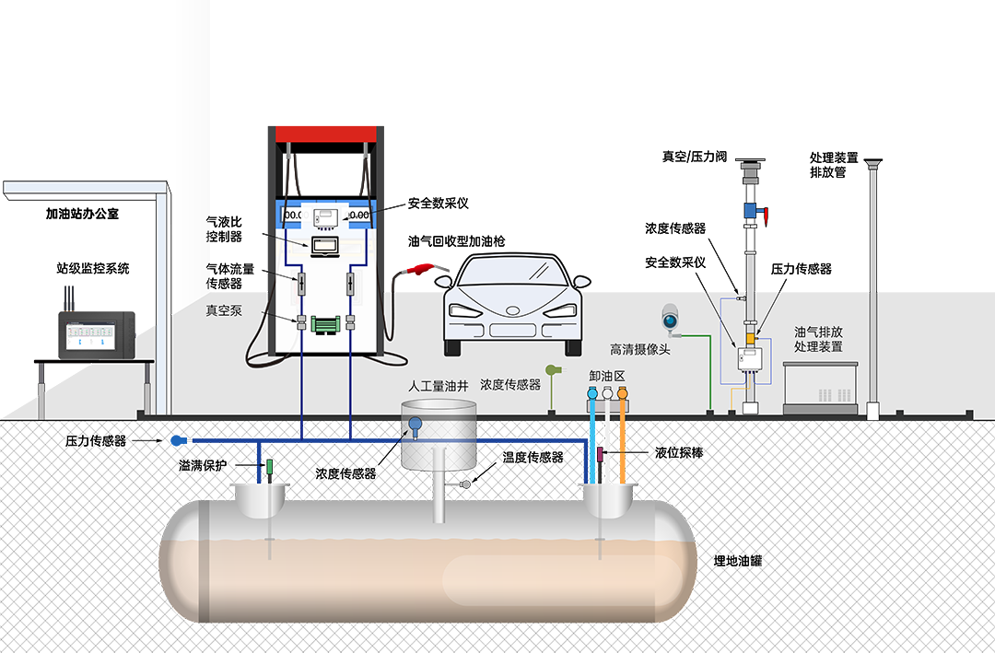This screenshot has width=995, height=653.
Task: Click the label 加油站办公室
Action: coord(83,214)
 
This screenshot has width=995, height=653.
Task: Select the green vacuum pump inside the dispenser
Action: coord(325,323)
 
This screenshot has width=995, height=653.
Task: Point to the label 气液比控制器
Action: coord(224,229)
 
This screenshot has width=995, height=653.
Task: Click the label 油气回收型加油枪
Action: coord(456,241)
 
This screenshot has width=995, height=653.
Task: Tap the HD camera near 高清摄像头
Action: coord(670,318)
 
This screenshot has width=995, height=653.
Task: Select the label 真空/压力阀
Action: coord(695,156)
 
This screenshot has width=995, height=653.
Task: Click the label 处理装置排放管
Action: coord(833,164)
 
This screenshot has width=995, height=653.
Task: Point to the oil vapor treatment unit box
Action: coord(820,388)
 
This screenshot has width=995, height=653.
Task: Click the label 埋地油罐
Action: coord(737,560)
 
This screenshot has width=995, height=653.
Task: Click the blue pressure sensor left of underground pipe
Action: coord(178,439)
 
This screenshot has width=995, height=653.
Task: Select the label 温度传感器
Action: coord(533,457)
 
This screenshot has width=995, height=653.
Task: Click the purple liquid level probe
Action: coord(601,454)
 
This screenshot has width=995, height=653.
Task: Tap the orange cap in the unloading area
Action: coord(623,393)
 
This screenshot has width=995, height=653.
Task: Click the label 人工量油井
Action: coord(439,385)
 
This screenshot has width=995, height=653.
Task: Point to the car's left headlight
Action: coord(464,310)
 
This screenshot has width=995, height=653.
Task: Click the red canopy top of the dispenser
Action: coord(326,134)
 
